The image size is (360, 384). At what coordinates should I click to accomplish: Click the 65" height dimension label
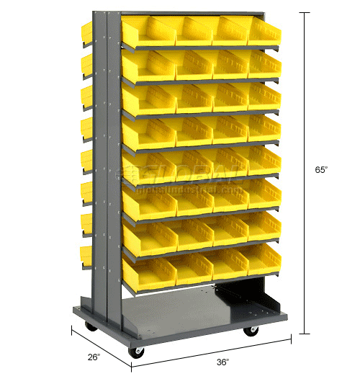click(x=321, y=170)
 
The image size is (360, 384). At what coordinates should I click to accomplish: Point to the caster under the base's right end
click(x=251, y=331)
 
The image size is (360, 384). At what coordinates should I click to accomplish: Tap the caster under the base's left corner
click(x=91, y=327)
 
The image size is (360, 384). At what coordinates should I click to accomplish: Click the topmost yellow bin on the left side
click(x=86, y=30)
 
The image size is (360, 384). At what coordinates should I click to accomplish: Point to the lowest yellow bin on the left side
click(x=87, y=254)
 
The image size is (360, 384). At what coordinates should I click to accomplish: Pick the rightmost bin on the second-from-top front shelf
click(x=264, y=65)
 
